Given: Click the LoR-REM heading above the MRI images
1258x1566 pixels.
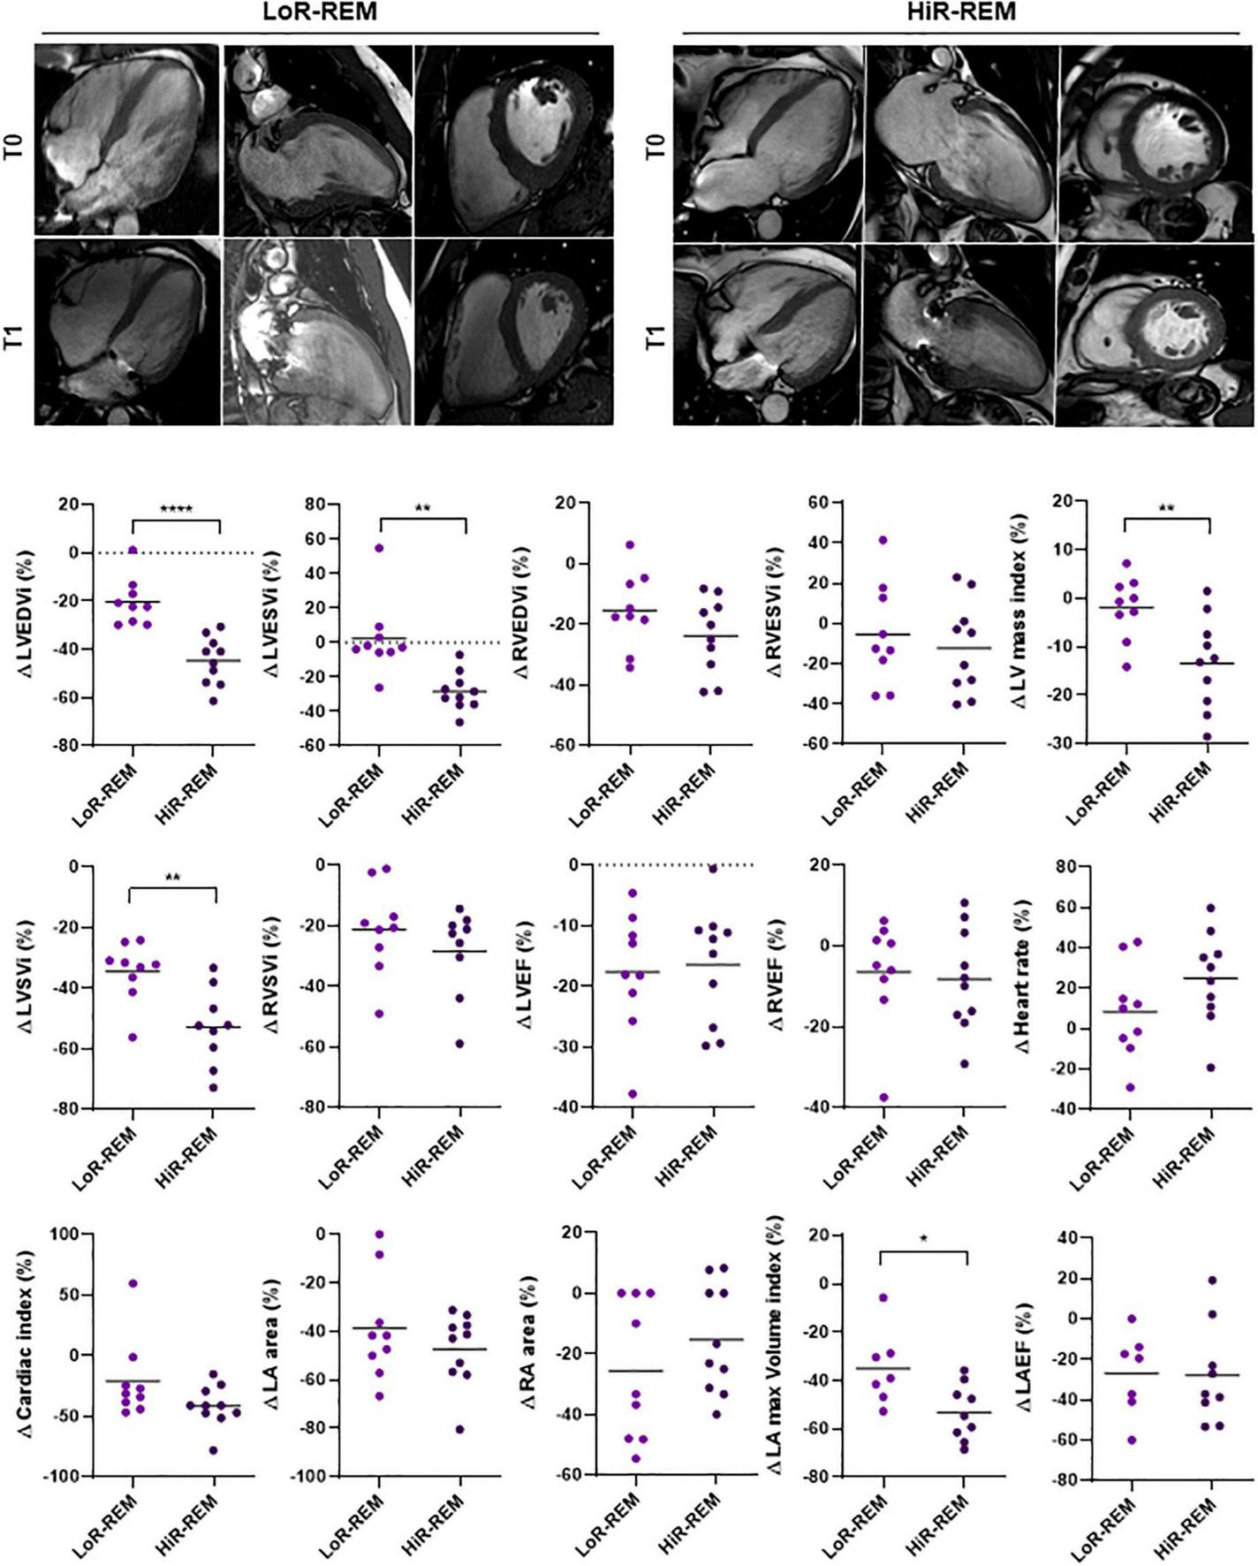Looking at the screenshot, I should [318, 11].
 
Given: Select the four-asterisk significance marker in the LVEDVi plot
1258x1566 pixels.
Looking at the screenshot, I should [176, 509].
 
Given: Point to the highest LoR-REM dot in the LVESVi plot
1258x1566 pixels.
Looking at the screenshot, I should [379, 548].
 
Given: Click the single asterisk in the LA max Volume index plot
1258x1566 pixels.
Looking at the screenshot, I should [923, 1239].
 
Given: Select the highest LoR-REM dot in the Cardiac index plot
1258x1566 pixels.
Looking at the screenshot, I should [133, 1283].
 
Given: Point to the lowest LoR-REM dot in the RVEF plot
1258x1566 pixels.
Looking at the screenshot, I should [883, 1098].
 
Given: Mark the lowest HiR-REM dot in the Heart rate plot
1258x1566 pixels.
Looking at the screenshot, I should [1210, 1068].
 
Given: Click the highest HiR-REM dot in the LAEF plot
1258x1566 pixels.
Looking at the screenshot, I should [1212, 1280].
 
